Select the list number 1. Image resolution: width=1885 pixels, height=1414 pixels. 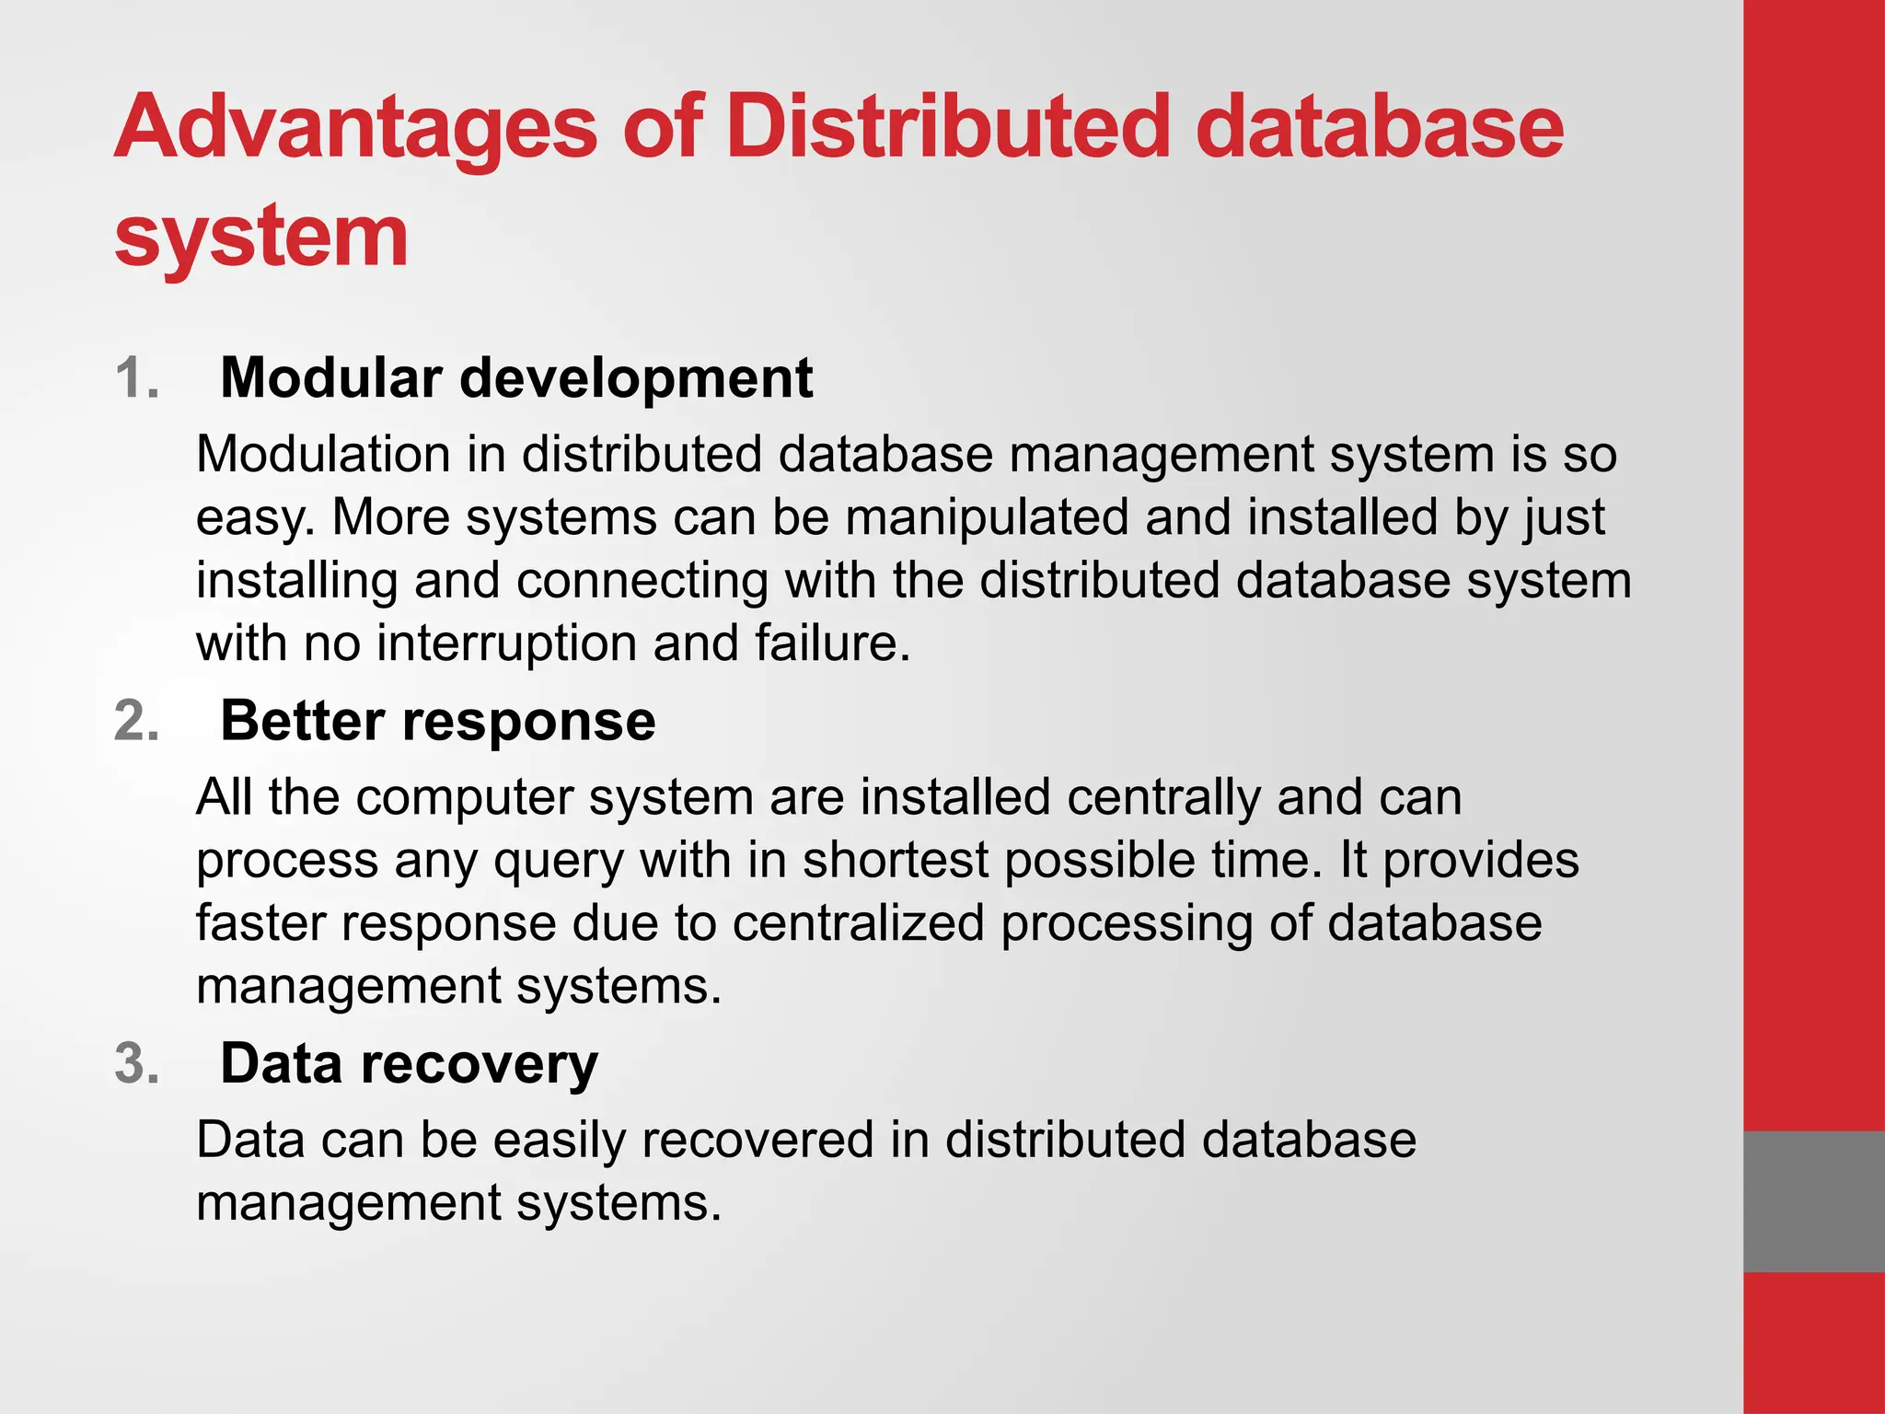pyautogui.click(x=137, y=378)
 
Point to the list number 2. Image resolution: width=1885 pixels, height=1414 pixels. pyautogui.click(x=137, y=721)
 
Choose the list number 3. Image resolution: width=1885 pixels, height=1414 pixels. pyautogui.click(x=137, y=1064)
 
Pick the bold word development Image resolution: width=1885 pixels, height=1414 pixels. pyautogui.click(x=636, y=379)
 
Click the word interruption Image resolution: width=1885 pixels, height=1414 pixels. pyautogui.click(x=507, y=643)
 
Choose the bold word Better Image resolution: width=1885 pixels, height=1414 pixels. pyautogui.click(x=302, y=721)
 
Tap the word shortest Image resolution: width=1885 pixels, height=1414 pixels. pyautogui.click(x=896, y=861)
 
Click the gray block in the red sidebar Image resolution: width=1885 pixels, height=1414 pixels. pyautogui.click(x=1813, y=1201)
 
